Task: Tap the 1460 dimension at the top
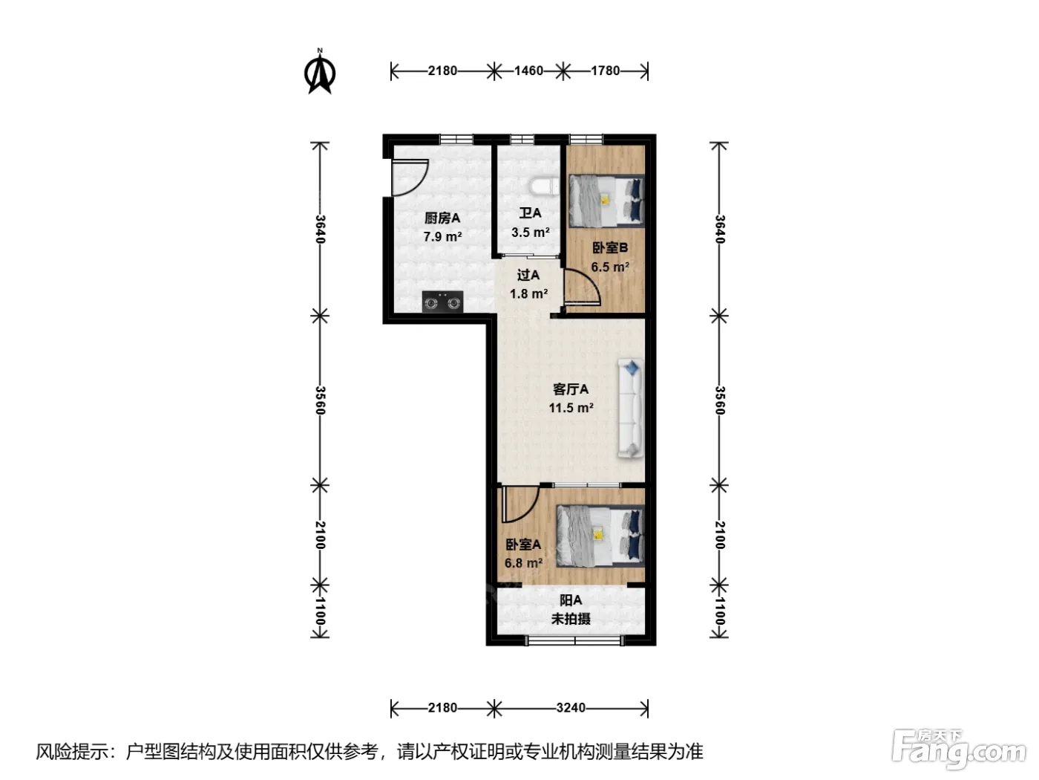[x=528, y=71]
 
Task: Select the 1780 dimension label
[x=605, y=71]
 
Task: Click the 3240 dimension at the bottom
[x=571, y=708]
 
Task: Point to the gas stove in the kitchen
[x=442, y=302]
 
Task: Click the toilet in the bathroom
[x=544, y=186]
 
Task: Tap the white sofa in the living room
[x=631, y=409]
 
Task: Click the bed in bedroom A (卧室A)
[x=600, y=536]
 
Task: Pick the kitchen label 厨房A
[x=442, y=218]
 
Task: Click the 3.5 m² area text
[x=530, y=233]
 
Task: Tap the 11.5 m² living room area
[x=571, y=408]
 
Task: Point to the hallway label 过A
[x=528, y=275]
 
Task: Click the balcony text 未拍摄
[x=571, y=619]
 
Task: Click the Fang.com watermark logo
[x=958, y=748]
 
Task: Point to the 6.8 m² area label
[x=523, y=563]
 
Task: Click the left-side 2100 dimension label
[x=320, y=535]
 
